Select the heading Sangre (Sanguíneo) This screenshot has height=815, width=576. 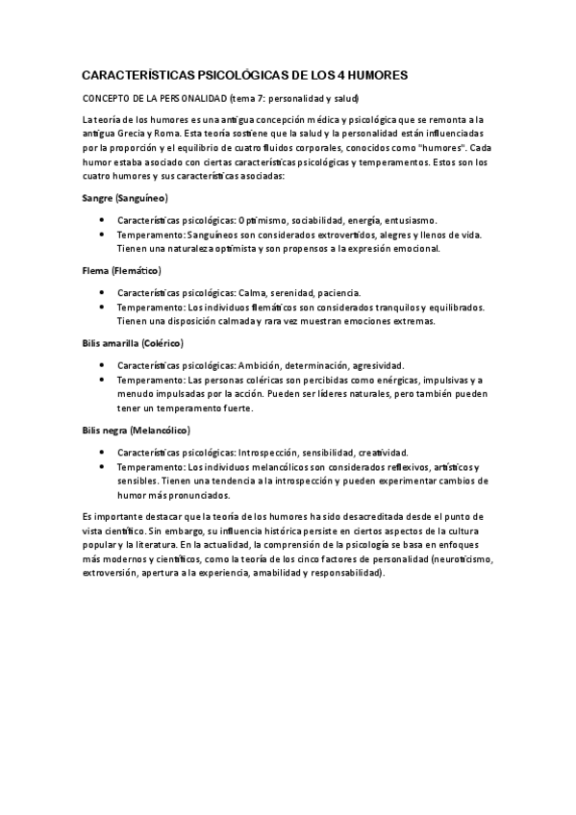(126, 197)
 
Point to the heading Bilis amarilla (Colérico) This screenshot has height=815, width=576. (134, 343)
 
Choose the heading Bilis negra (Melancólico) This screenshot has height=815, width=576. (137, 430)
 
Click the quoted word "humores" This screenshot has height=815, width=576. (438, 149)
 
